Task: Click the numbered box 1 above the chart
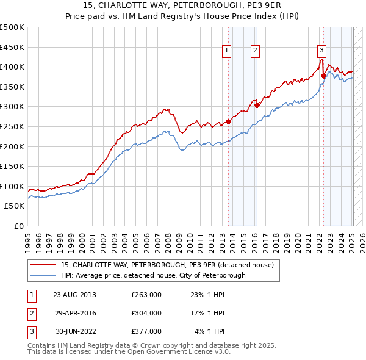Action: coord(226,51)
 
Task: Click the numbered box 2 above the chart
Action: coord(255,51)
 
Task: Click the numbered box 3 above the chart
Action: coord(321,51)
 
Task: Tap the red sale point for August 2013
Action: coord(229,121)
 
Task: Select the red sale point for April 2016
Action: coord(257,105)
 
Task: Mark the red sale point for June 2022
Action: coord(323,76)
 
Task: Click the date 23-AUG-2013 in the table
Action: coord(75,295)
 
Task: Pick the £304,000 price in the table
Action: coord(146,313)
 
